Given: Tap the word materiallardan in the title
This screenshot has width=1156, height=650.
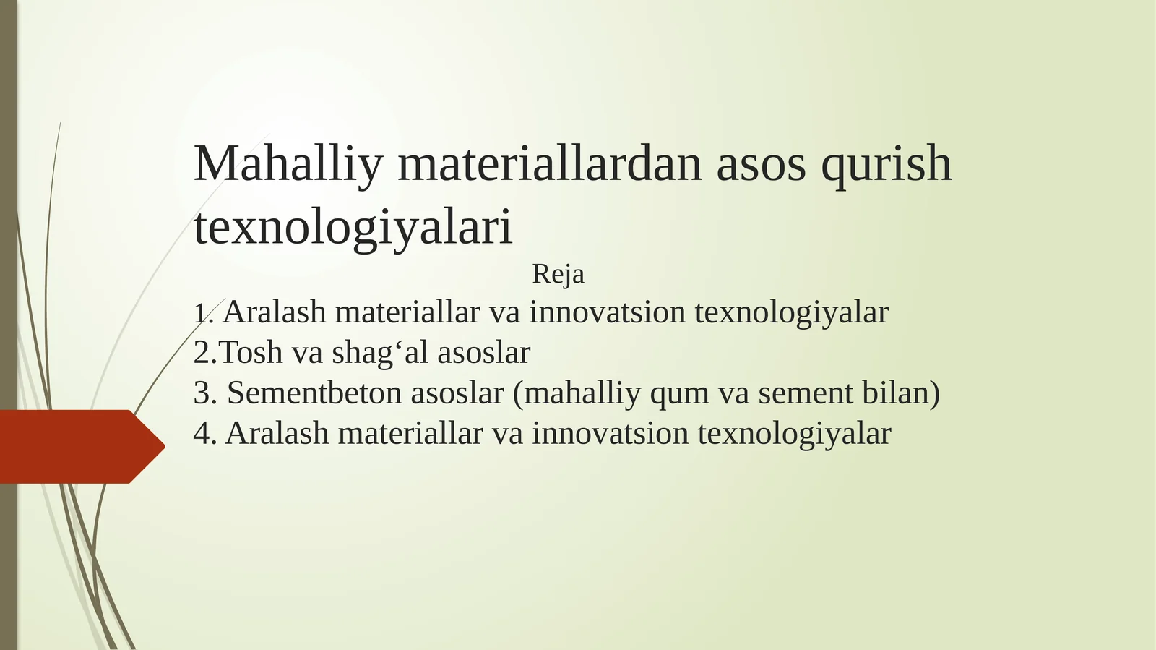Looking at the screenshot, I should [550, 164].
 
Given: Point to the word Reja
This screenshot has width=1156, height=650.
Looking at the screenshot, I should [558, 275].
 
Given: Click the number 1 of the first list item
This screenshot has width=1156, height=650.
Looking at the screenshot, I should [200, 314].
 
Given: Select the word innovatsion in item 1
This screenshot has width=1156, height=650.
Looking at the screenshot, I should [608, 312].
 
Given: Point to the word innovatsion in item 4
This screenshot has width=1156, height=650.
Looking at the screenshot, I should [611, 434].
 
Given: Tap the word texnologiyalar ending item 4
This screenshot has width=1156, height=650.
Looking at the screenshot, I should [794, 435].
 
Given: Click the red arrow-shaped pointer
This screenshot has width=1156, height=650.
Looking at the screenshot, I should [79, 446].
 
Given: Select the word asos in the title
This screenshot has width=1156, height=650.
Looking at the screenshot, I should [761, 164].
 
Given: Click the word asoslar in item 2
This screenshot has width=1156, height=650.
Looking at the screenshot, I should [483, 353].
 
